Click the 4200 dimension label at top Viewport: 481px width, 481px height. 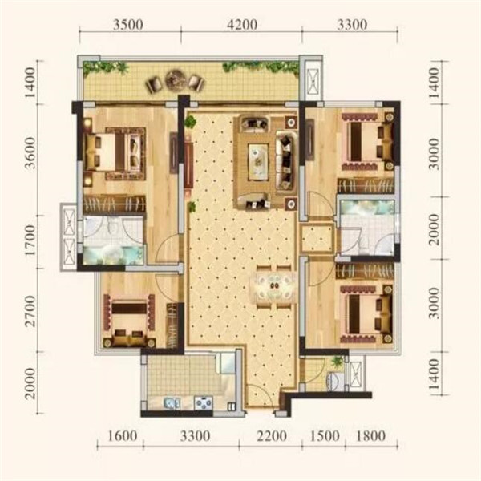coord(242,25)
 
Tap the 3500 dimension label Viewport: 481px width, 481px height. coord(128,25)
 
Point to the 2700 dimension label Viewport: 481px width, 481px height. coord(30,311)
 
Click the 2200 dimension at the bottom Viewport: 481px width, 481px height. coord(272,436)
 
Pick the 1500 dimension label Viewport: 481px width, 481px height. coord(325,436)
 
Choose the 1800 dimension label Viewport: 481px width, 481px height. coord(370,436)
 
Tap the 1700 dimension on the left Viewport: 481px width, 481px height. coord(30,240)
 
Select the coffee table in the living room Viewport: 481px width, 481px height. coord(258,160)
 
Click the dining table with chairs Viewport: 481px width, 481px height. coord(273,286)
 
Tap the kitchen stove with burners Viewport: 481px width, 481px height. coord(204,402)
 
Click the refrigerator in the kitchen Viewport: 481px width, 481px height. coord(227,363)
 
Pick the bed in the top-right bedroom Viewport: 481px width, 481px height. coord(368,141)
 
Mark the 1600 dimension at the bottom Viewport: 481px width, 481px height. coord(122,436)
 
